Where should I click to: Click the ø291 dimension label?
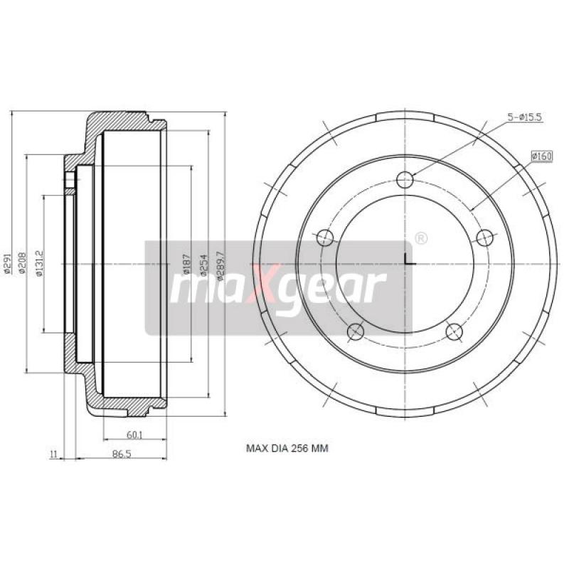pyautogui.click(x=6, y=264)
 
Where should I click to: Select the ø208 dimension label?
pyautogui.click(x=21, y=264)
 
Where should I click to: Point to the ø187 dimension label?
pyautogui.click(x=187, y=264)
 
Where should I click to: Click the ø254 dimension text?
pyautogui.click(x=203, y=264)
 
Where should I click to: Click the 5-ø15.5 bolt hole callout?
pyautogui.click(x=525, y=118)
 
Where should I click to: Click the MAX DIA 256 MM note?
pyautogui.click(x=287, y=448)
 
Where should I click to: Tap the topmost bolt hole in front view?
pyautogui.click(x=405, y=180)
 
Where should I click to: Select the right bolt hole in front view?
pyautogui.click(x=484, y=237)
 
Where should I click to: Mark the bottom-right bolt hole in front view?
pyautogui.click(x=454, y=329)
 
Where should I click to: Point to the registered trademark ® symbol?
pyautogui.click(x=420, y=238)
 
